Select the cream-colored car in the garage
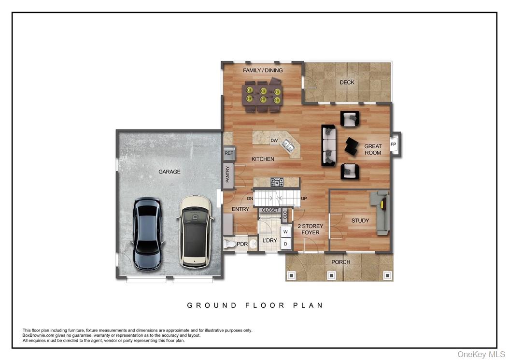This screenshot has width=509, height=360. tap(195, 231)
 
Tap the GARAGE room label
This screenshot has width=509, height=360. tap(170, 172)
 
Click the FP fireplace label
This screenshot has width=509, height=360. tap(393, 144)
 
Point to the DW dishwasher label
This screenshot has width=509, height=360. tap(274, 141)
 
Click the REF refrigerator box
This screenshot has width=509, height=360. tap(228, 153)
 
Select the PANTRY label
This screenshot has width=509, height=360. tap(227, 174)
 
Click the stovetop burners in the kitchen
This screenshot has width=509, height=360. tap(277, 182)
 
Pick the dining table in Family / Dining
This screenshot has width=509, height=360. tap(263, 95)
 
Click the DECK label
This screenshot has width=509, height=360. tap(347, 83)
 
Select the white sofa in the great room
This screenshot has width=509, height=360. tap(329, 145)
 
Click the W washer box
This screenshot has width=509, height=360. tap(285, 232)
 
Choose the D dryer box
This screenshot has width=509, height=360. tap(285, 244)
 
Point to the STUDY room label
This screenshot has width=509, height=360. tap(360, 221)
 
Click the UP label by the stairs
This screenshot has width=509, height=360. tap(304, 199)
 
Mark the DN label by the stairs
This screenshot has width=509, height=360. tap(250, 198)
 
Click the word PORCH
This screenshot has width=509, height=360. tap(340, 262)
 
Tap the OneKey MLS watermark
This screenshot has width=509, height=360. tap(481, 355)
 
